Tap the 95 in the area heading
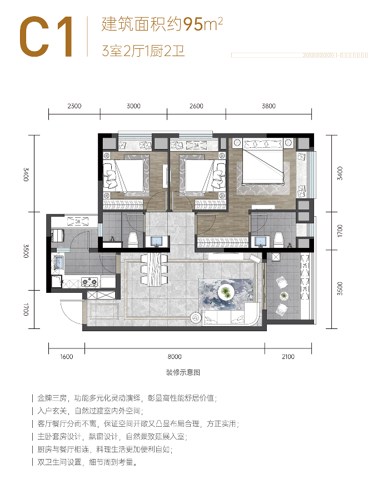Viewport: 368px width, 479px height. [193, 24]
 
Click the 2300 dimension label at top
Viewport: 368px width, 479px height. [74, 106]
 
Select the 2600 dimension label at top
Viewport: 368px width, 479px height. [196, 106]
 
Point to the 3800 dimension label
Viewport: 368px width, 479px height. [268, 106]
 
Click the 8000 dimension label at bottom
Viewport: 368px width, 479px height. [175, 357]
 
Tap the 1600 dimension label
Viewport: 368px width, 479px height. [66, 357]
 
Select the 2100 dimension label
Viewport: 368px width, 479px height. [288, 357]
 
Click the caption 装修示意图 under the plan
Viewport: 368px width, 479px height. [183, 372]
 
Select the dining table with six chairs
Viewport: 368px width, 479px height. [154, 269]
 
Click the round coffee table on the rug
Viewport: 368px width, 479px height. [226, 292]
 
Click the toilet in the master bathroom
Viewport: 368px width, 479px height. [279, 239]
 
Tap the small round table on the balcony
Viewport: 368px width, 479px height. [284, 296]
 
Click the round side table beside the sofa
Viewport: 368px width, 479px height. [196, 318]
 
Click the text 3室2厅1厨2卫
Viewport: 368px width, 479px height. [143, 51]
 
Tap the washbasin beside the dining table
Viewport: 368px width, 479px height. [157, 241]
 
